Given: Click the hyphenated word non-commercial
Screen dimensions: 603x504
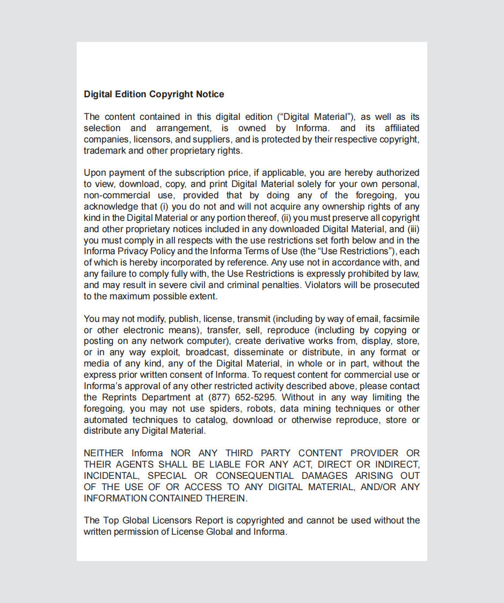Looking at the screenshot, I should click(x=117, y=195).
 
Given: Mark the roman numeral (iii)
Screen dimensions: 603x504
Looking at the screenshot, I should click(x=412, y=229).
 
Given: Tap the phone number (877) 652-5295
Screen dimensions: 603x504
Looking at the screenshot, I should click(x=242, y=397).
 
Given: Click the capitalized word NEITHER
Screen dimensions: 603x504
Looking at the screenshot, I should click(x=104, y=453).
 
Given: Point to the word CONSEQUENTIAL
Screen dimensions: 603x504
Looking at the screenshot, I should click(x=255, y=476).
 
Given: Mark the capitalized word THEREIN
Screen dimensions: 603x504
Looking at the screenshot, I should click(x=226, y=498).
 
